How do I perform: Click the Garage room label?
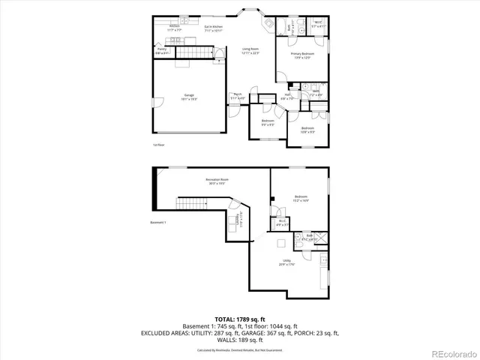coord(189,97)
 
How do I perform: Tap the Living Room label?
coord(239,51)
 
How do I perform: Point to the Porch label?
coord(237,96)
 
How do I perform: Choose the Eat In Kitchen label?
coord(215,29)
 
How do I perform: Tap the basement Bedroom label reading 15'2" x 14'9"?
coord(301,198)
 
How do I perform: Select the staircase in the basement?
coord(190,204)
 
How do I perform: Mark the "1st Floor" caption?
coord(158,145)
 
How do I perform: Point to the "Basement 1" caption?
coord(158,223)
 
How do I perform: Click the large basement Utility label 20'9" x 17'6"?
coord(286,262)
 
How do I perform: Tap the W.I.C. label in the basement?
coord(281,222)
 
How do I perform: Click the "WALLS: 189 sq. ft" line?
coord(239,339)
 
